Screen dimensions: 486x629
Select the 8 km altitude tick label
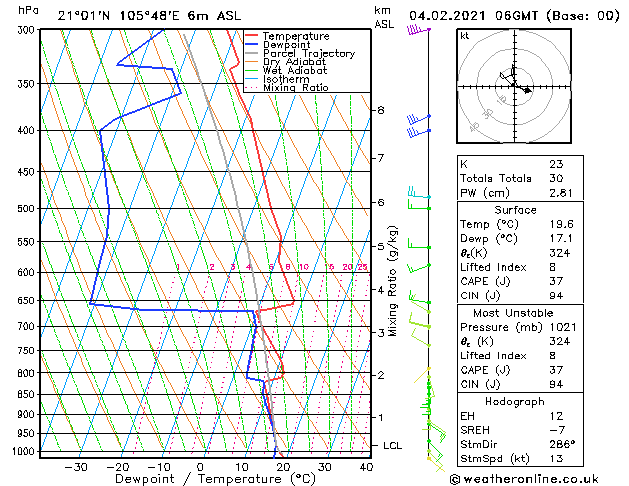coord(380,110)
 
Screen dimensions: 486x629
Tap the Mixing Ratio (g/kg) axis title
coord(393,281)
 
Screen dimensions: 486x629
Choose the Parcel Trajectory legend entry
coord(308,54)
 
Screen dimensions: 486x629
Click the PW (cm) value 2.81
coord(560,193)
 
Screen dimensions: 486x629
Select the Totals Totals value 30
coord(556,178)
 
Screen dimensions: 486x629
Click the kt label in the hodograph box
coord(464,36)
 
